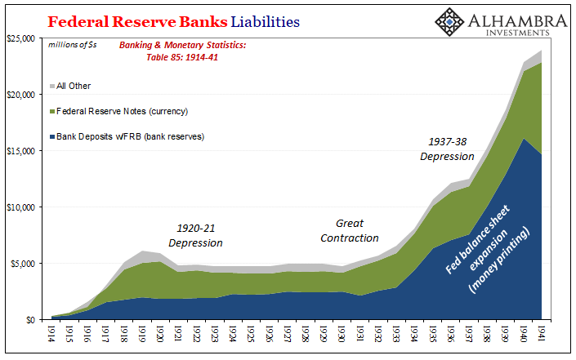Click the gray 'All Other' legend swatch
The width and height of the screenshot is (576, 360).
(x=52, y=86)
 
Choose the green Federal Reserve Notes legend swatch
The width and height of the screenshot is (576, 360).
(x=52, y=111)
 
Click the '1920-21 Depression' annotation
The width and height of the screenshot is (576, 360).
(x=195, y=236)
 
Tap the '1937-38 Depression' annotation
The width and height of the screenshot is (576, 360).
(x=448, y=149)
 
